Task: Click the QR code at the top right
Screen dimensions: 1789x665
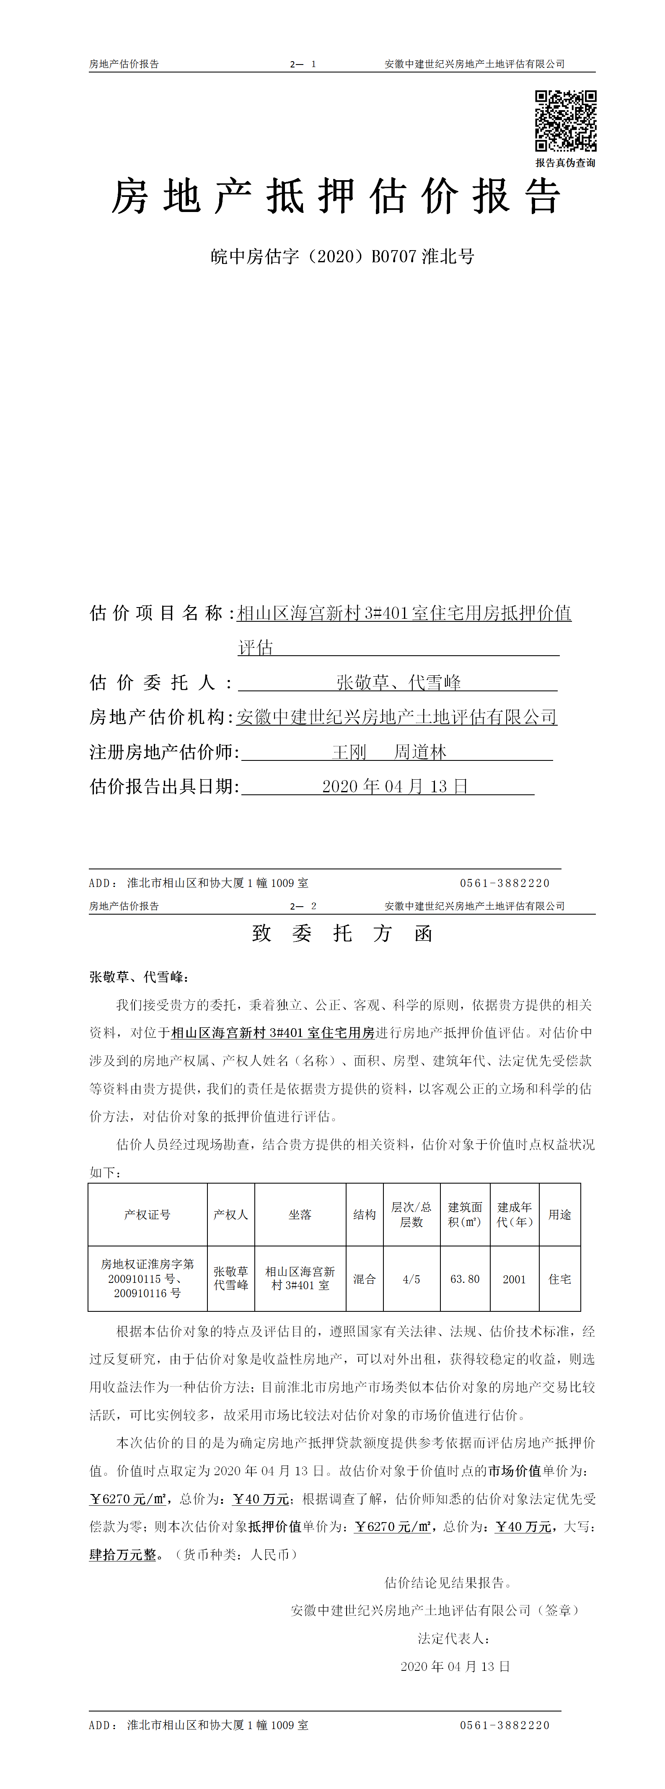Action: click(565, 120)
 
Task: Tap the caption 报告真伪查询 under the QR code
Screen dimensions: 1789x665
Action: click(565, 163)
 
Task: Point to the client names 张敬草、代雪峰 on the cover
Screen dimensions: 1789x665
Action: click(398, 683)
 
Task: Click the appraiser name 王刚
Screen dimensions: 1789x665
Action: click(349, 752)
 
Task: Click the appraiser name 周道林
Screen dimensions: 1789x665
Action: click(420, 752)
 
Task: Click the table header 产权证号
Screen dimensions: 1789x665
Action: click(147, 1215)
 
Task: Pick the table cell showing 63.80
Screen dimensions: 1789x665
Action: click(465, 1279)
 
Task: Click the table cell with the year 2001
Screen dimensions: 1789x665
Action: click(514, 1279)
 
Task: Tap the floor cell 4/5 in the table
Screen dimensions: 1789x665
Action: click(411, 1279)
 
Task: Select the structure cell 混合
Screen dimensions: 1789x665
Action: click(364, 1279)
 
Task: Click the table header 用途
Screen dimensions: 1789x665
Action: click(559, 1215)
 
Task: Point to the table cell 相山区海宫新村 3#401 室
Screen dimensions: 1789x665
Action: click(300, 1279)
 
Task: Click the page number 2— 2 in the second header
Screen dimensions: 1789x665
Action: click(303, 906)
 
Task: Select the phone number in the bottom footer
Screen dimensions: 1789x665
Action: click(505, 1725)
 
